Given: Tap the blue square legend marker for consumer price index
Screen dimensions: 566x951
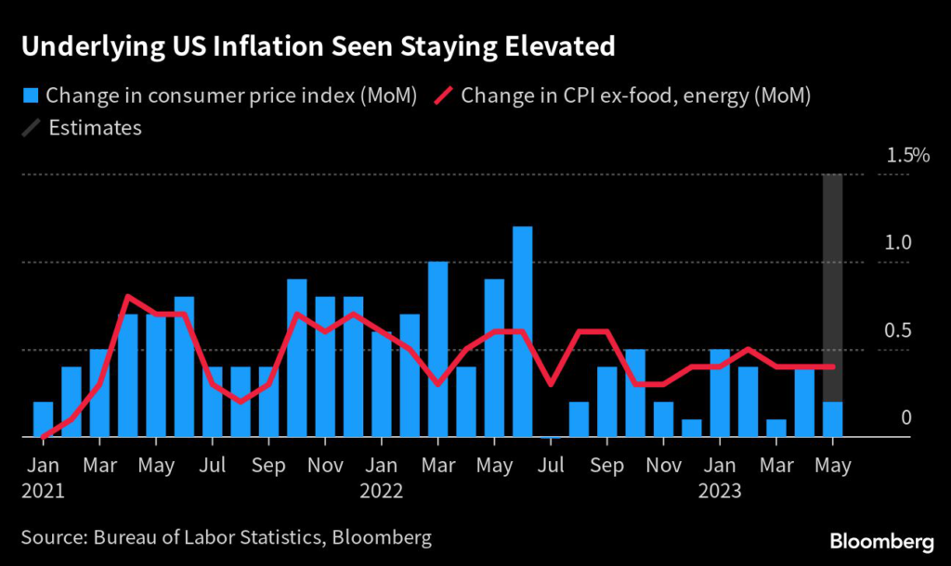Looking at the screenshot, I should [31, 96].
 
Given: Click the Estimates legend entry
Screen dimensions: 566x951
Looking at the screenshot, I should [94, 127].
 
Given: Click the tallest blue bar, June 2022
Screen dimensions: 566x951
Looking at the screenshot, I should [522, 331].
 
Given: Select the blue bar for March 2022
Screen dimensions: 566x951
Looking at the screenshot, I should [437, 349].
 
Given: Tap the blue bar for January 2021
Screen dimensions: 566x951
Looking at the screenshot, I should [43, 419].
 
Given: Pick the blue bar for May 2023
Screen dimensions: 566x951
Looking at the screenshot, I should [833, 419].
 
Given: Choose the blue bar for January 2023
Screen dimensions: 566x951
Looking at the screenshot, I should [720, 393].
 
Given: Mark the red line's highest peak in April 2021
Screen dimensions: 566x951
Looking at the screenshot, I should [127, 297].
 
